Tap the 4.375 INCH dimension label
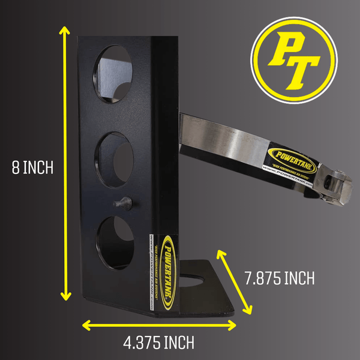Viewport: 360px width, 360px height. (x=158, y=343)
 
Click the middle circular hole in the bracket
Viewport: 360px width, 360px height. (x=114, y=154)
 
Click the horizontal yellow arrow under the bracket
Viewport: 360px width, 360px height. (x=158, y=325)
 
